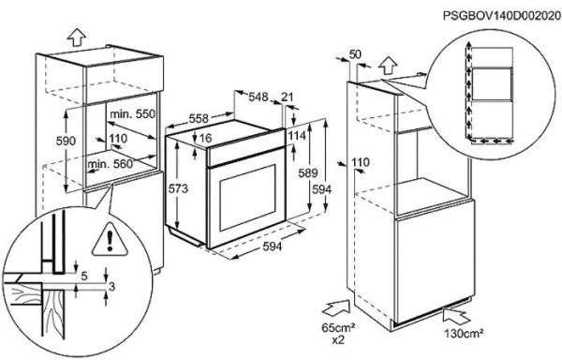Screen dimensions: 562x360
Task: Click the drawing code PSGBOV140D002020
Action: (502, 16)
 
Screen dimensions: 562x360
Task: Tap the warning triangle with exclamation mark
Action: (110, 240)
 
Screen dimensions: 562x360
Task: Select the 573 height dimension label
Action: (178, 188)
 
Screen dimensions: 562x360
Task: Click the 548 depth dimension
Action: (259, 97)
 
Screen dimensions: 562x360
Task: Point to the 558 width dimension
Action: (199, 118)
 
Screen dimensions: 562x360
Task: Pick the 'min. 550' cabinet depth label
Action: (133, 114)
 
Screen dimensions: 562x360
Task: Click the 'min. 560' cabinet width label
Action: (110, 164)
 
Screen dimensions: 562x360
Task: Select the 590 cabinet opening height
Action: (66, 141)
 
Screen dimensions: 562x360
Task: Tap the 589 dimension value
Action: (308, 173)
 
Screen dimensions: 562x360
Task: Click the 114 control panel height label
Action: (297, 136)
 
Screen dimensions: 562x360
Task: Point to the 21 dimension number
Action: (288, 97)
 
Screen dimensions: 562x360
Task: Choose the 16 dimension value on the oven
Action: (205, 138)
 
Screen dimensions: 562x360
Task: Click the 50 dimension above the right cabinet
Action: (355, 54)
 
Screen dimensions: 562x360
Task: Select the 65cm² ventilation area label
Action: (337, 327)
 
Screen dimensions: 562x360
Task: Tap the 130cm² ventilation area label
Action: (464, 334)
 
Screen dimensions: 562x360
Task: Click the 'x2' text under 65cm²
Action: (337, 339)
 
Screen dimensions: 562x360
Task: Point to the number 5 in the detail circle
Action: (84, 277)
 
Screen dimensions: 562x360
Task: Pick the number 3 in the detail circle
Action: (111, 287)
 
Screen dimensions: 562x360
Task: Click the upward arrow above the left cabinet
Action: (77, 37)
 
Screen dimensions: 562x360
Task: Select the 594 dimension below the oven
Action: (273, 247)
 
